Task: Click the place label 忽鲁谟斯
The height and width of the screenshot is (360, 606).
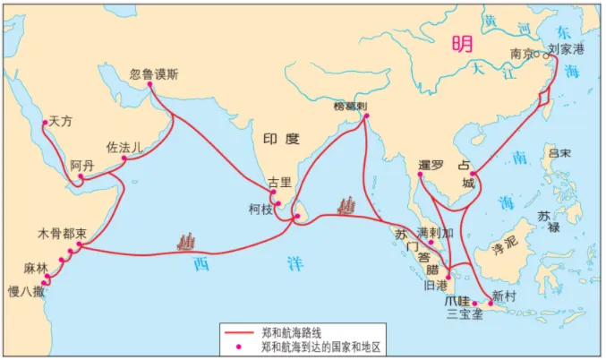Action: pos(154,75)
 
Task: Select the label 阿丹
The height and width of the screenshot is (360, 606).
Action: pos(81,166)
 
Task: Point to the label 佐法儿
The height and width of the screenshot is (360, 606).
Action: pos(124,146)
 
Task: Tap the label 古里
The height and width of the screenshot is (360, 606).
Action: pos(280,183)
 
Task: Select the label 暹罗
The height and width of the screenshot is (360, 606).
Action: pos(431,166)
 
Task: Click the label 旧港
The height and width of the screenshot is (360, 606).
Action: pos(435,287)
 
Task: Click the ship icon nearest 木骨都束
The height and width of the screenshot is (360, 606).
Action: pos(187,240)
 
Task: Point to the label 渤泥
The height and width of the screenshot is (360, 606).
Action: pos(506,243)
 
